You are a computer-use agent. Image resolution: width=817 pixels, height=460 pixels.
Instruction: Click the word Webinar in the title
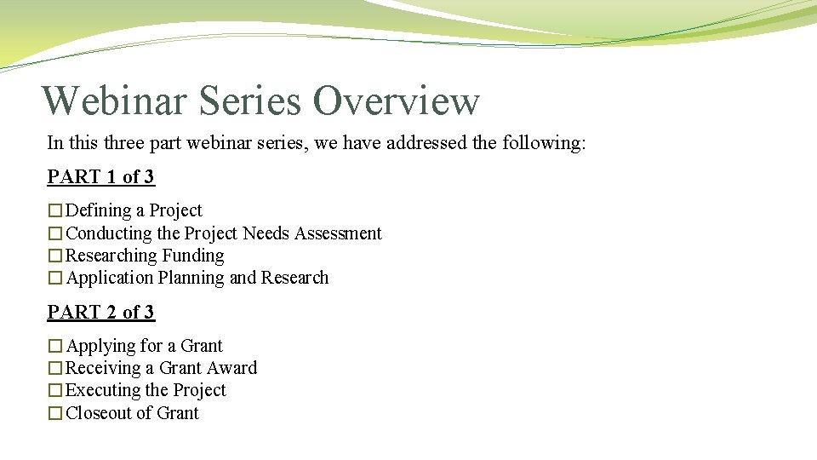click(114, 101)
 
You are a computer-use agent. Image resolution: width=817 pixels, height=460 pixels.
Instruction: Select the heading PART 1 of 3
click(101, 177)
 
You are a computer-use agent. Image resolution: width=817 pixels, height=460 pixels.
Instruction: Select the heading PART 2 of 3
click(101, 313)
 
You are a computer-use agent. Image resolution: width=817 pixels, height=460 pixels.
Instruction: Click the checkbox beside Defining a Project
click(55, 211)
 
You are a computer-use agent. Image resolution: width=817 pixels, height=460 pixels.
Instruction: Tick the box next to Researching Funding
click(55, 256)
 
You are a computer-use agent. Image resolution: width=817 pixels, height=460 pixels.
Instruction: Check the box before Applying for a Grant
click(55, 347)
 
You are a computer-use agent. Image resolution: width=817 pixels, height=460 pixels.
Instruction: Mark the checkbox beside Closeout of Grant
click(55, 414)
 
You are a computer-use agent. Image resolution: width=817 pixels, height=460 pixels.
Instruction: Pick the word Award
click(232, 368)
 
